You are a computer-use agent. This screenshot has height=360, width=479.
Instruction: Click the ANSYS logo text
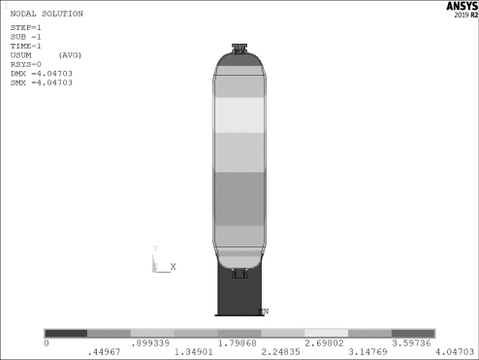[462, 6]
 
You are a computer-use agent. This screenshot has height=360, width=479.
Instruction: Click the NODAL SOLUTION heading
[47, 14]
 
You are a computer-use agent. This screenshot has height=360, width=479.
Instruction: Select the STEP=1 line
[26, 27]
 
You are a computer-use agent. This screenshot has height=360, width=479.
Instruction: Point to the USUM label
[21, 55]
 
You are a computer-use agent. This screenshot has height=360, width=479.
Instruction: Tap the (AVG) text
[70, 55]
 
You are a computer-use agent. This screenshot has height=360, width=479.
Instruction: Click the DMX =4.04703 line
[42, 74]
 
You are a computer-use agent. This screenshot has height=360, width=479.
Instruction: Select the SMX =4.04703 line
[42, 82]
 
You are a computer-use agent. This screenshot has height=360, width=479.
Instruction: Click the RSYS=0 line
[26, 64]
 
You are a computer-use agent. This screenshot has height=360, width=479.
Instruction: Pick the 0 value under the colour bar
[47, 343]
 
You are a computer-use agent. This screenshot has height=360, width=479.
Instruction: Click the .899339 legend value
[150, 343]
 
